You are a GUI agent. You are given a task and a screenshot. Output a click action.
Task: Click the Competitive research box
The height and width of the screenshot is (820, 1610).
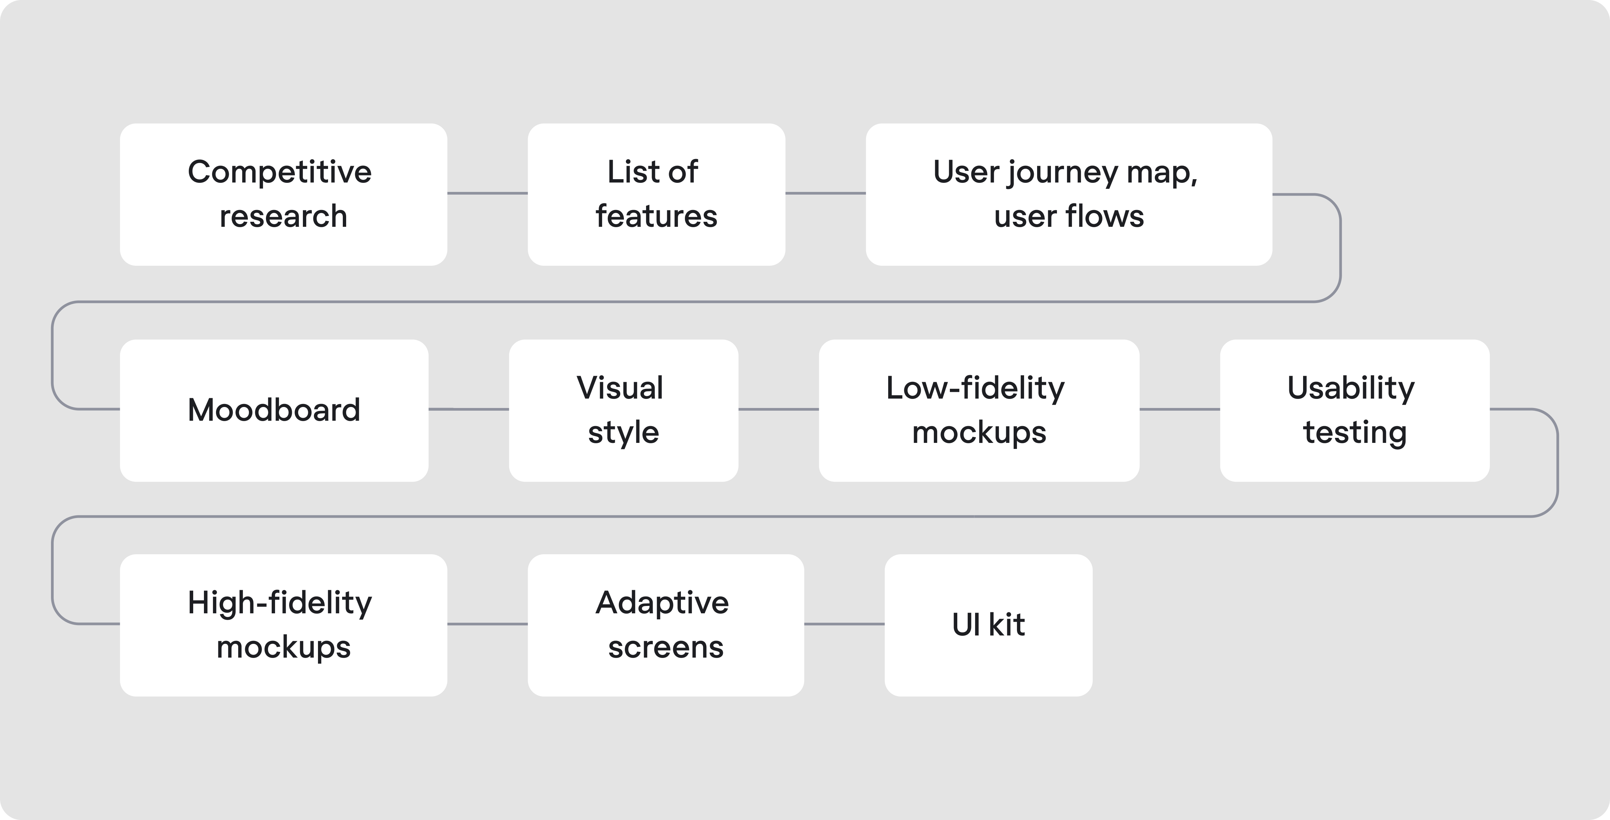[283, 194]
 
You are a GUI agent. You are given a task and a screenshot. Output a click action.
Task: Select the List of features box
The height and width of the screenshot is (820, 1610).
[656, 194]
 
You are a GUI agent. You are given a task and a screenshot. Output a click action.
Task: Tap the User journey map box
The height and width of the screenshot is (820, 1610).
[1069, 194]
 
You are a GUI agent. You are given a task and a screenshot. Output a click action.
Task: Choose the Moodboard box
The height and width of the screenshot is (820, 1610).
[274, 410]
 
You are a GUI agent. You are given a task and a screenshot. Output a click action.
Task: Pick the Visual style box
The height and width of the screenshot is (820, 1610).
[623, 410]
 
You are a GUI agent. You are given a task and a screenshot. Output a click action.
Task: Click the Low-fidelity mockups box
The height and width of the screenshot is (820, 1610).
[979, 410]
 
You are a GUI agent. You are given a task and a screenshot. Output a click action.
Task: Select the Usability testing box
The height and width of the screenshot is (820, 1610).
[1354, 410]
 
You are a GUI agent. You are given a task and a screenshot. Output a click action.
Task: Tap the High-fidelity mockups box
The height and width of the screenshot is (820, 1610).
[283, 625]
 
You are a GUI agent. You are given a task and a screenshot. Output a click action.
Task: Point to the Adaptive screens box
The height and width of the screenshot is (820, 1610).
[665, 625]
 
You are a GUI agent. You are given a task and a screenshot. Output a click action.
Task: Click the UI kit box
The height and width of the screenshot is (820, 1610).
[988, 625]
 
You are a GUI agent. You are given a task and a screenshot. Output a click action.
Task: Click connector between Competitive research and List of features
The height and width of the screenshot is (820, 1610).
[487, 193]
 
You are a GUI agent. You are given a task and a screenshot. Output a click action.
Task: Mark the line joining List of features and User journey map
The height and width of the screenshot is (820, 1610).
[825, 193]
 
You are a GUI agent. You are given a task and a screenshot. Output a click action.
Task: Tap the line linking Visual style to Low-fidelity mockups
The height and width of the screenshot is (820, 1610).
[778, 409]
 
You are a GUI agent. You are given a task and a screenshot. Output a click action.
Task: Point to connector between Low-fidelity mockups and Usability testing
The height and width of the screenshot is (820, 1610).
[1179, 409]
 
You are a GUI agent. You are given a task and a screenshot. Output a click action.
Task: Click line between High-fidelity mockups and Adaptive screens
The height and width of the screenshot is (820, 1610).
[487, 624]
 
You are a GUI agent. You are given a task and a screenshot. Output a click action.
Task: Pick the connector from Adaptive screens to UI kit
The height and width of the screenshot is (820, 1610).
[844, 624]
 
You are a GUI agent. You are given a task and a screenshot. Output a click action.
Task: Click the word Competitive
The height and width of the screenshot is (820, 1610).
[279, 172]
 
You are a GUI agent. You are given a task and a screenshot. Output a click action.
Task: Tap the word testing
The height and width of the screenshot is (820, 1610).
[1354, 432]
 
